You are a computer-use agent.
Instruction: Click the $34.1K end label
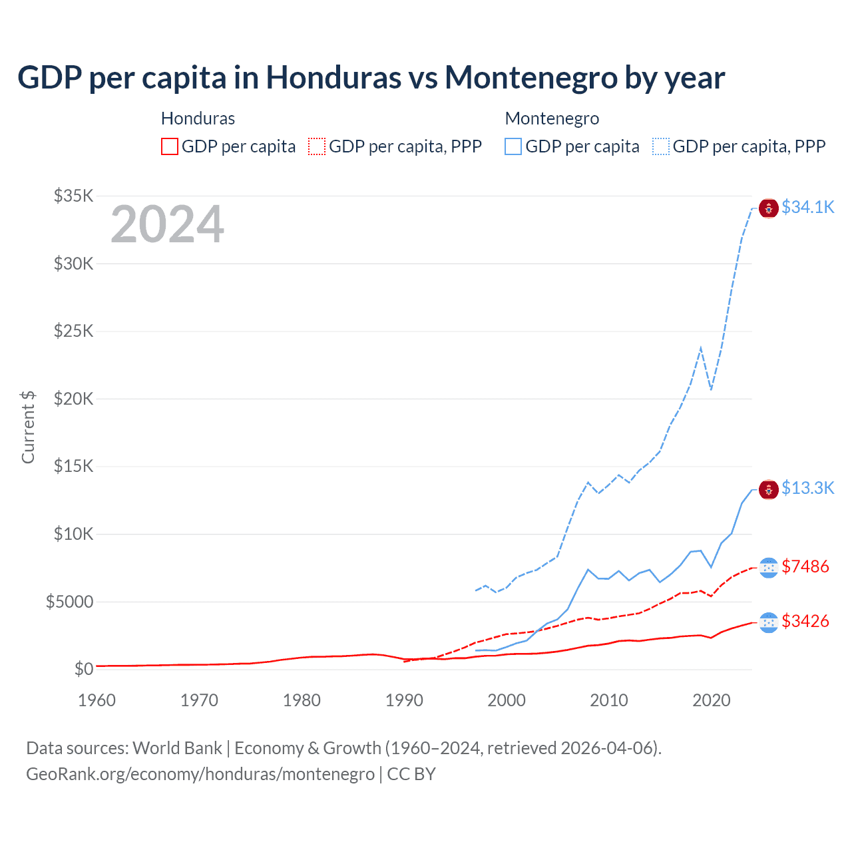[807, 207]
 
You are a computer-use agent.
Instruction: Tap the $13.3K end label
[807, 488]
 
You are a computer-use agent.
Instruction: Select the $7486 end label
[805, 566]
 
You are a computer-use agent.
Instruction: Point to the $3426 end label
[805, 621]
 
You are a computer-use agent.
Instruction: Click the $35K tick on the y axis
[73, 196]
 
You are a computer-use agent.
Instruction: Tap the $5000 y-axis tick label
[69, 602]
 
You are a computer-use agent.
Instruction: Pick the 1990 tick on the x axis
[404, 700]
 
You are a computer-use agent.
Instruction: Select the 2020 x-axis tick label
[712, 700]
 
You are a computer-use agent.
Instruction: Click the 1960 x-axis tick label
[97, 700]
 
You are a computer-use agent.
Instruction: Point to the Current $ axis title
[28, 427]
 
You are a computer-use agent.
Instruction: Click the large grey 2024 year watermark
[167, 224]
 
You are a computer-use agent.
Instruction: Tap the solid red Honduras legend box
[170, 146]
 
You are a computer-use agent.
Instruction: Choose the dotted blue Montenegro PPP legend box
[661, 146]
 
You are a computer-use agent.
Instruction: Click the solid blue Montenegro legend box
[513, 146]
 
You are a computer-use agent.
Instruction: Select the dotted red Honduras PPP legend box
[317, 146]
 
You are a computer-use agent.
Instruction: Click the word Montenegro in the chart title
[531, 78]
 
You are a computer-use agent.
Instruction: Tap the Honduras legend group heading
[198, 118]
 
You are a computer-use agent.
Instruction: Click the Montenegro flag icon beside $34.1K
[769, 208]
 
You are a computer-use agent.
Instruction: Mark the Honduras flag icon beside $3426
[769, 622]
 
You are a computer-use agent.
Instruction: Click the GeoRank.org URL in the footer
[200, 774]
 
